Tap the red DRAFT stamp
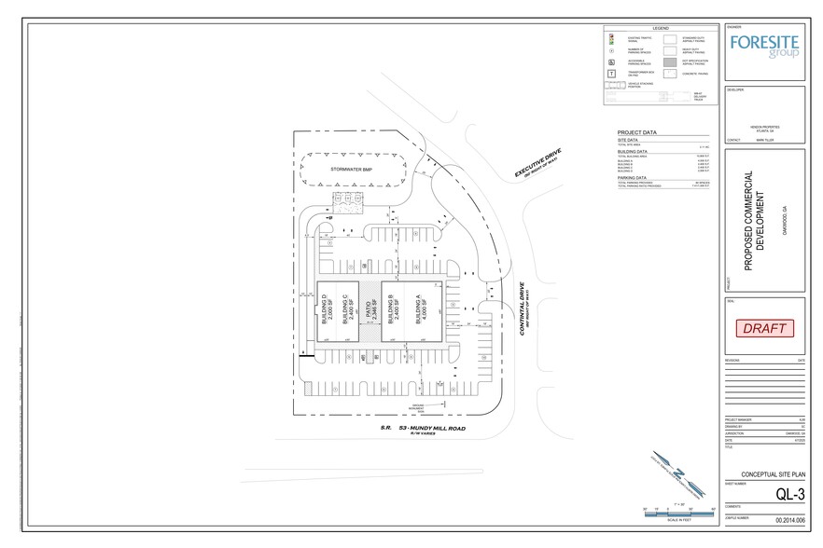(764, 328)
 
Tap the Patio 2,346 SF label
(370, 309)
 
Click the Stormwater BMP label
(354, 171)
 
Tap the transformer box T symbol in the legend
(610, 72)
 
